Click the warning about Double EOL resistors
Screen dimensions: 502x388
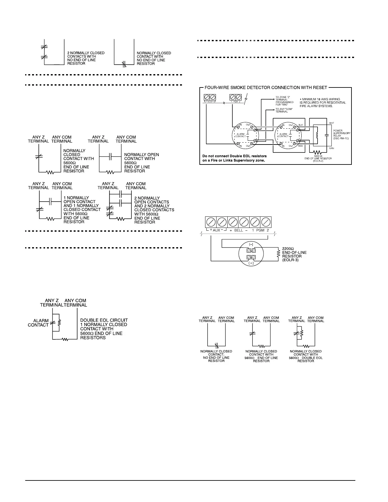[x=235, y=158]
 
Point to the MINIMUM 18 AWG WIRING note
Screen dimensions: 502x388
[x=323, y=102]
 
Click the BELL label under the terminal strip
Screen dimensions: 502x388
[x=238, y=230]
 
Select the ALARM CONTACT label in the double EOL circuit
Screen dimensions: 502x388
[x=38, y=323]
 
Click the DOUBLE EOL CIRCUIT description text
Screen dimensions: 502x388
[x=104, y=329]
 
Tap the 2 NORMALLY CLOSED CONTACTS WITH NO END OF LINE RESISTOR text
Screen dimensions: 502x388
[x=86, y=58]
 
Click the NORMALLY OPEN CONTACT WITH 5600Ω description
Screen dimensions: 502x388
[x=141, y=163]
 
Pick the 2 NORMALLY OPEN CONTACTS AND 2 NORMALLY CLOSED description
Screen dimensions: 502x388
[x=154, y=210]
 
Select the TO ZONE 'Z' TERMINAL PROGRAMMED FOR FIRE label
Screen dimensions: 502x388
[x=284, y=100]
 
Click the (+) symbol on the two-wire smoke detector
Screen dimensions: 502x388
[x=251, y=263]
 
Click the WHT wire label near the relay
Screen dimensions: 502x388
[x=331, y=123]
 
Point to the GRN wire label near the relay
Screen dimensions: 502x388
[x=331, y=148]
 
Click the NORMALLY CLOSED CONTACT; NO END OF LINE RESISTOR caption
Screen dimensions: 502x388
[x=216, y=356]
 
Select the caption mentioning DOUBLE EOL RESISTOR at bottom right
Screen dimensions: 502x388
[x=305, y=356]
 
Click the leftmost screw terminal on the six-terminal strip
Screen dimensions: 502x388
[x=211, y=222]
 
